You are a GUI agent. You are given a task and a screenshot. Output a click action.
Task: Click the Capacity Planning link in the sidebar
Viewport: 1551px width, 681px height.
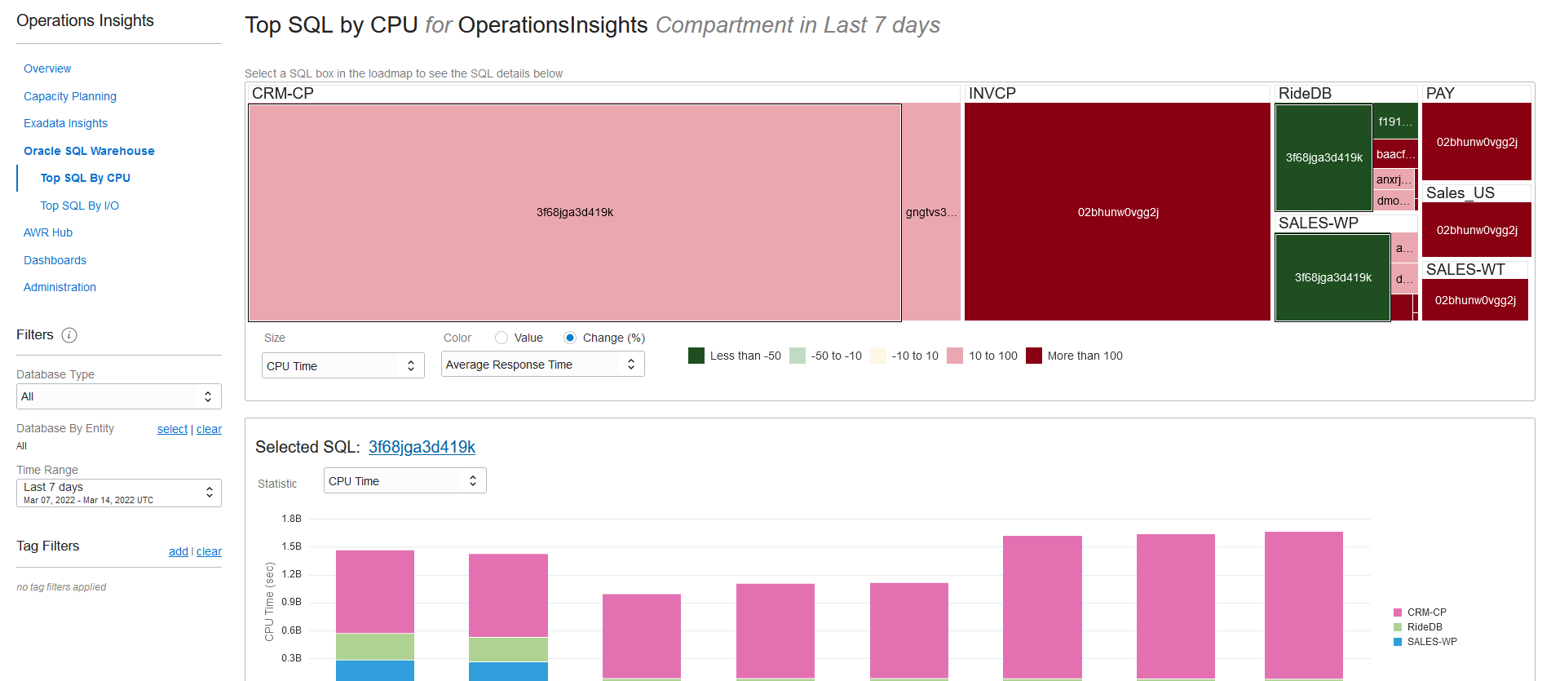pyautogui.click(x=70, y=96)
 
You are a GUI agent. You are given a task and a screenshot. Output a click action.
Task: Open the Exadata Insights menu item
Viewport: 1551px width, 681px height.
pyautogui.click(x=65, y=123)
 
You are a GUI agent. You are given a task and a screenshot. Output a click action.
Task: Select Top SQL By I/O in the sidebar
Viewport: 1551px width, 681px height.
pyautogui.click(x=80, y=206)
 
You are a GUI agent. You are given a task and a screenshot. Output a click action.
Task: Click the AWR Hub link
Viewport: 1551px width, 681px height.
pyautogui.click(x=48, y=232)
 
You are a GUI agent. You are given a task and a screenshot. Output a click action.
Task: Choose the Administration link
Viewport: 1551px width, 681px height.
pyautogui.click(x=60, y=287)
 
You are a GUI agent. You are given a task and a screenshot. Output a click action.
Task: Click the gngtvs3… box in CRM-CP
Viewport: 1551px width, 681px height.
pyautogui.click(x=931, y=212)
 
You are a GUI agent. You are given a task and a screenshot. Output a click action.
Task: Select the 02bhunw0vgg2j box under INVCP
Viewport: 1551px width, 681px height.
pyautogui.click(x=1117, y=212)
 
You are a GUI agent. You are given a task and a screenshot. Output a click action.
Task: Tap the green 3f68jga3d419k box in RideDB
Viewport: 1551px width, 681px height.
pyautogui.click(x=1323, y=157)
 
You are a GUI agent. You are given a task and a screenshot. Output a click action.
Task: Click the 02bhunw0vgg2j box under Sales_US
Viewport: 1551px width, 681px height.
pyautogui.click(x=1476, y=230)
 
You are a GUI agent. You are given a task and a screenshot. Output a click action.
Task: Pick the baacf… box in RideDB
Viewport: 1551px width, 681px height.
pyautogui.click(x=1395, y=154)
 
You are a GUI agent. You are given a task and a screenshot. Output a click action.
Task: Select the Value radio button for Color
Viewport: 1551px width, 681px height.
pyautogui.click(x=502, y=338)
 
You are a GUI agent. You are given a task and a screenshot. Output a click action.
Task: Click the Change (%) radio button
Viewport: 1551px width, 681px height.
pyautogui.click(x=570, y=338)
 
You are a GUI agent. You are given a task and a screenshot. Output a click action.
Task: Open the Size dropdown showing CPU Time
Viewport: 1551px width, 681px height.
pyautogui.click(x=342, y=366)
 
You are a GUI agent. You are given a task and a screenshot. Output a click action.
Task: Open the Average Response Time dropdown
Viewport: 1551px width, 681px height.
pyautogui.click(x=542, y=365)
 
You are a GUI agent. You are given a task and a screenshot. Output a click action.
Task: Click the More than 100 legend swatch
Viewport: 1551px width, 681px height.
pyautogui.click(x=1034, y=356)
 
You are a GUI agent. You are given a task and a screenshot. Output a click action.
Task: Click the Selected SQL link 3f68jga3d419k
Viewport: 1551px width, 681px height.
pyautogui.click(x=422, y=447)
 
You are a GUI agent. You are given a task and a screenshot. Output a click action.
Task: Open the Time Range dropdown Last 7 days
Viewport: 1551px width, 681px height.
pyautogui.click(x=118, y=493)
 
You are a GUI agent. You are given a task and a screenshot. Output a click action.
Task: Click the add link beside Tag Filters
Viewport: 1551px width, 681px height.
pyautogui.click(x=178, y=551)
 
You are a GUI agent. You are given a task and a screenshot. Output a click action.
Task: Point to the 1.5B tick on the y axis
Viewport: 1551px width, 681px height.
pyautogui.click(x=291, y=546)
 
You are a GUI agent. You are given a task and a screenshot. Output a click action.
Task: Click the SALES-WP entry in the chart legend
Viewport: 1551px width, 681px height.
pyautogui.click(x=1431, y=642)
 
